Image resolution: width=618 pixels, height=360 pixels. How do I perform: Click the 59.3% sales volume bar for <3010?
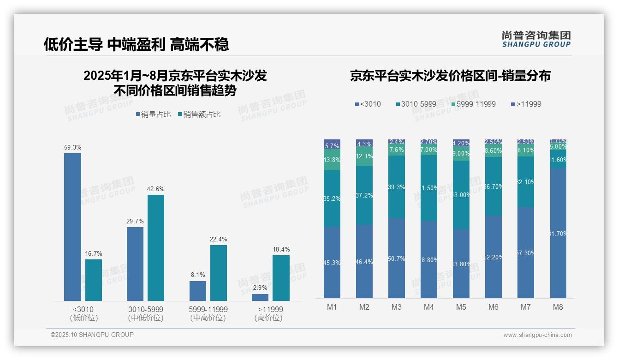tap(72, 227)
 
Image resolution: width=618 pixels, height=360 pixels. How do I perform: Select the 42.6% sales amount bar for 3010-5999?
tap(156, 248)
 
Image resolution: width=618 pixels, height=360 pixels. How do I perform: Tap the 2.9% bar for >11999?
tap(260, 297)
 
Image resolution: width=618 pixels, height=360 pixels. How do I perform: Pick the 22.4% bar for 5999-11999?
tap(219, 273)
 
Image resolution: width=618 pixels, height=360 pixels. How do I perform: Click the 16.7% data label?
tap(94, 253)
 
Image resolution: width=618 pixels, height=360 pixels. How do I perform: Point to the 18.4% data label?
tap(281, 249)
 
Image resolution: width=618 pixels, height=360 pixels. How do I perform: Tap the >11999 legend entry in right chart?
tap(526, 104)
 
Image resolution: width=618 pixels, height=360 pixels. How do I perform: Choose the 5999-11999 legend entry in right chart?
tap(473, 104)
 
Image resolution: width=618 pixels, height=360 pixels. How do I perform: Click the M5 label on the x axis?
tap(461, 307)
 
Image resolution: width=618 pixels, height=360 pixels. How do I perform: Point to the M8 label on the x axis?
tap(558, 307)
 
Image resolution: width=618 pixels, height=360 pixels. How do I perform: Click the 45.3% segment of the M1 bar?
tap(332, 262)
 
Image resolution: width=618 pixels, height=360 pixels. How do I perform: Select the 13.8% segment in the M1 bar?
tap(332, 160)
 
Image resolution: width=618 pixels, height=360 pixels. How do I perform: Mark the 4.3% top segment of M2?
tap(364, 144)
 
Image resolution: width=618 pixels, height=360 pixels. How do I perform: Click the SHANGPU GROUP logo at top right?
tap(536, 39)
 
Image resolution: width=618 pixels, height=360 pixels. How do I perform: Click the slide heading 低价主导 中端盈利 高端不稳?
tap(137, 44)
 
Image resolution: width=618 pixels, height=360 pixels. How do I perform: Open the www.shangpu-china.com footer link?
tap(537, 335)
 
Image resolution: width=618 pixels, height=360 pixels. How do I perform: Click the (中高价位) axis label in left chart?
tap(208, 318)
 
